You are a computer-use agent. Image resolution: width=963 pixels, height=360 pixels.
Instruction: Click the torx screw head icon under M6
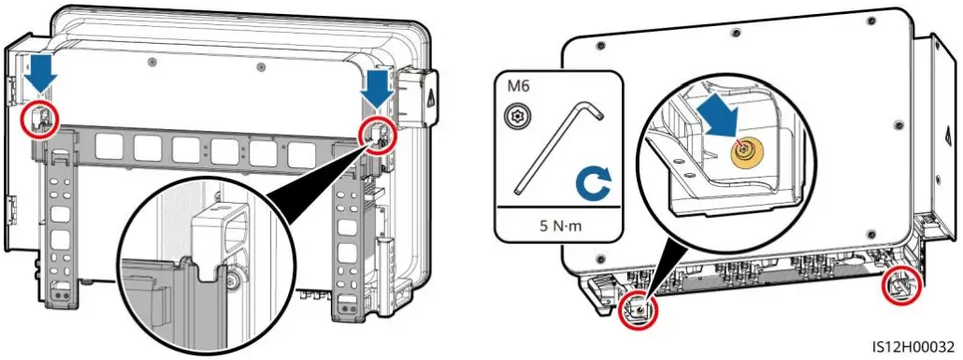point(514,117)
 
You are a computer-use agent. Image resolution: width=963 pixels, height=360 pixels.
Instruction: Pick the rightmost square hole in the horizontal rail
point(300,152)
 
